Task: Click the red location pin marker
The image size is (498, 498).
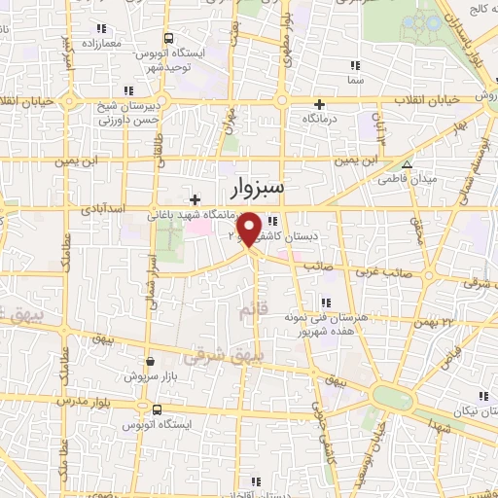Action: tap(249, 228)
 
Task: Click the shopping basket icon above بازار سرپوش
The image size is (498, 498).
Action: tap(150, 359)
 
